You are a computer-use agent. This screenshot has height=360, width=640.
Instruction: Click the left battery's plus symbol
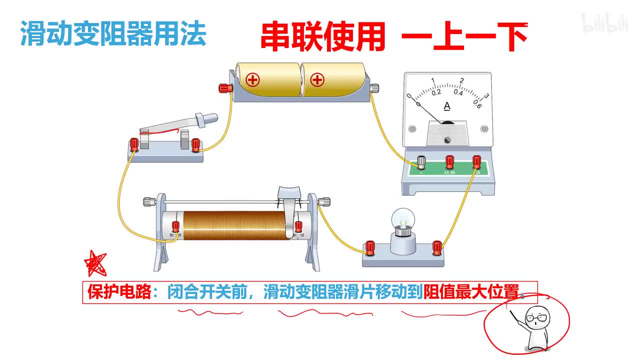pos(253,79)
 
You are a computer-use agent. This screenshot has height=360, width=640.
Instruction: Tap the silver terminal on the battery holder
pos(373,88)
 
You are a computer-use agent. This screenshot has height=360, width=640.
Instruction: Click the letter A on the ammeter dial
pos(447,106)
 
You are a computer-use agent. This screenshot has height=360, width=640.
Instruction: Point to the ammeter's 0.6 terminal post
pos(449,161)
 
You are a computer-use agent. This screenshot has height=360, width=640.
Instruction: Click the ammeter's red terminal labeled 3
pos(476,161)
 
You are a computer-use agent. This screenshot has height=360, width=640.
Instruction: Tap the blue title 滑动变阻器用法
pos(113,34)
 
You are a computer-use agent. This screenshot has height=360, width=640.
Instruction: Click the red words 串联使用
pos(323,36)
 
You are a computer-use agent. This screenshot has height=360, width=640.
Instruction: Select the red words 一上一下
pos(464,36)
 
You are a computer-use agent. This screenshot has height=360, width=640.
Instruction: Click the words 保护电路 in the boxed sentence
pos(118,292)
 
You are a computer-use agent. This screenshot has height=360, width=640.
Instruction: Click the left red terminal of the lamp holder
pos(370,246)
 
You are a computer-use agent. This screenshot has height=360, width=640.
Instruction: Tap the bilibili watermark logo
pos(604,23)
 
